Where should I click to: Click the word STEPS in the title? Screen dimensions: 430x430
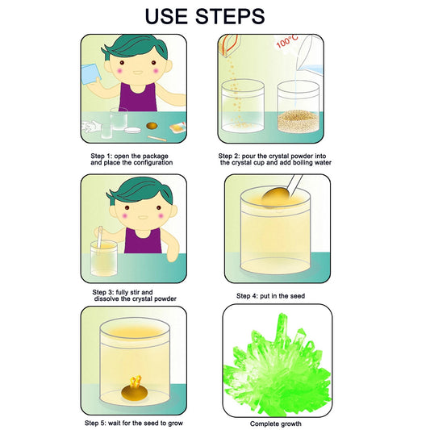[230, 16]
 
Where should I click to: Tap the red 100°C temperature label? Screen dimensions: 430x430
[287, 42]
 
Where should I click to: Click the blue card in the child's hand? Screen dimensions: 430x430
[91, 74]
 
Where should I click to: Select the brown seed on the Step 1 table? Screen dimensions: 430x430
[152, 126]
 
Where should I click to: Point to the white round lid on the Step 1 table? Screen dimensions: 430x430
[133, 130]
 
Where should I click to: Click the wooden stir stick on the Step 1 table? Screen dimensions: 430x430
[157, 139]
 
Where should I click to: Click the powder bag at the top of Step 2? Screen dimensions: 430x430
[229, 46]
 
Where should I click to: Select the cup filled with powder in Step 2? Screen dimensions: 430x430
[298, 106]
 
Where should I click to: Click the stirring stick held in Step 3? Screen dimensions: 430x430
[99, 237]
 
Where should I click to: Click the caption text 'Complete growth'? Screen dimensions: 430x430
[276, 424]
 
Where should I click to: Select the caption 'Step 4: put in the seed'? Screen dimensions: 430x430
[271, 296]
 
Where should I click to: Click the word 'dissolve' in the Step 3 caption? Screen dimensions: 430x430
[106, 298]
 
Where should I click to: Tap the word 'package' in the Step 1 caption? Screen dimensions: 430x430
[155, 157]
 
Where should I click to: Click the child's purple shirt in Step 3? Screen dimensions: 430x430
[143, 240]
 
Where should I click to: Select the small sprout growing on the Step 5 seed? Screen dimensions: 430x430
[136, 381]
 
